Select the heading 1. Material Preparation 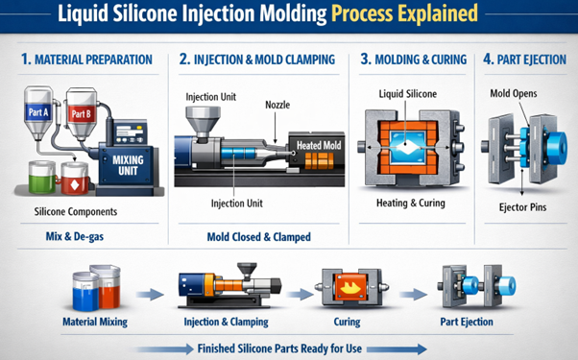(86, 60)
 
